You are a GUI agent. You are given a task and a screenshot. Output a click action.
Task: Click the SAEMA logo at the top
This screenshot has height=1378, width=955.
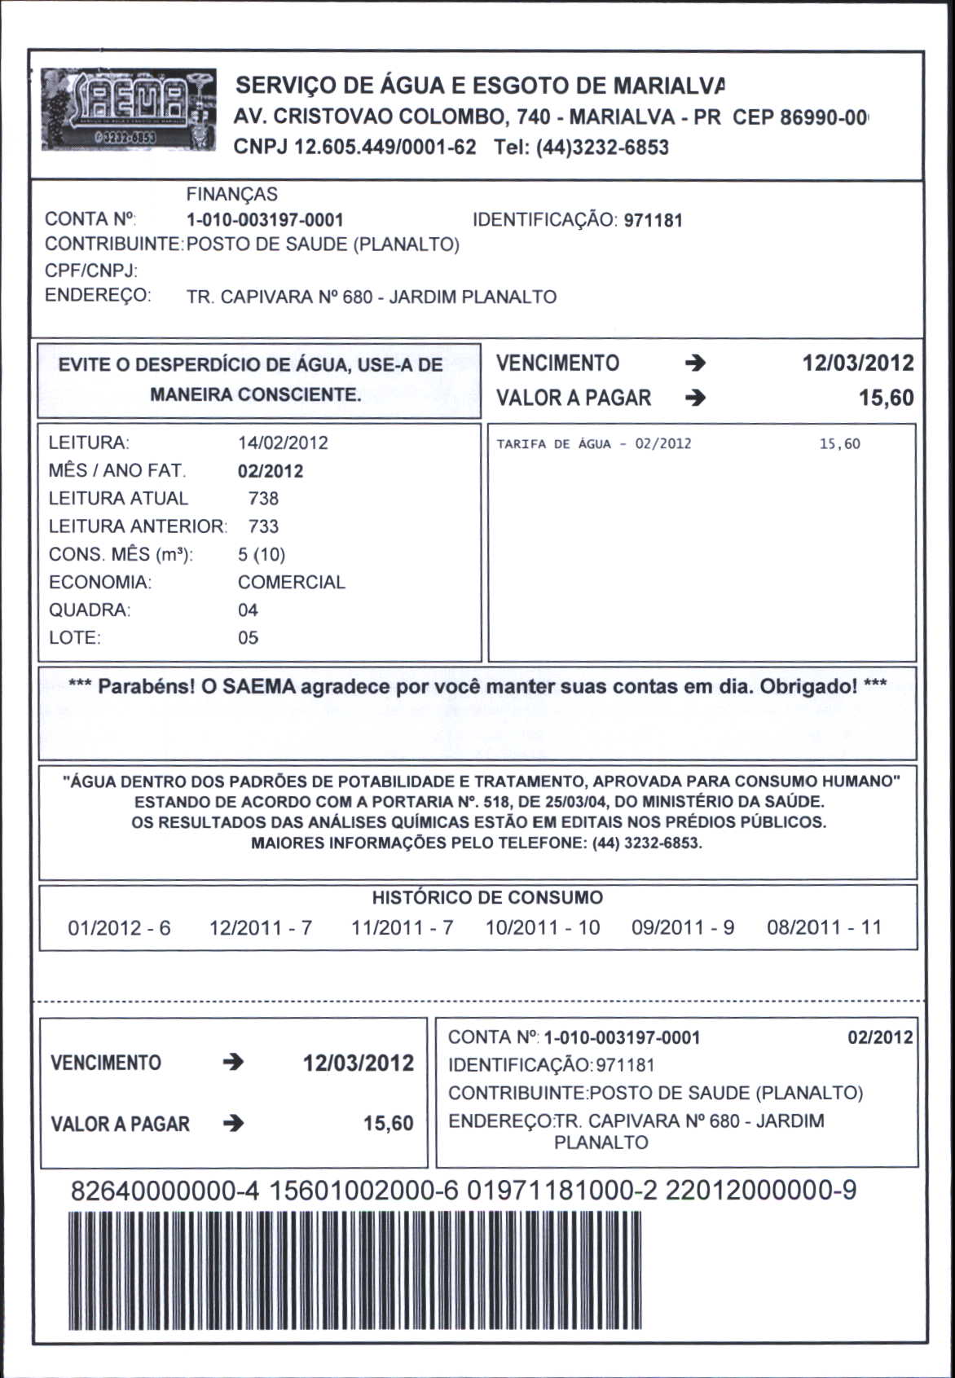click(129, 110)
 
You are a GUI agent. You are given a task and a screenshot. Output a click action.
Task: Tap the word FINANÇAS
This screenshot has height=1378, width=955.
click(231, 194)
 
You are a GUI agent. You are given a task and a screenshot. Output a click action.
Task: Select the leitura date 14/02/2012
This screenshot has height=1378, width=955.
click(283, 442)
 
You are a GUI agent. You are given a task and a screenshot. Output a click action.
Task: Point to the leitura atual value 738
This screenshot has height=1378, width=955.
click(263, 498)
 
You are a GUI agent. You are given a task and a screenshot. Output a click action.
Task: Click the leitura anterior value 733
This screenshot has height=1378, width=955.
click(263, 526)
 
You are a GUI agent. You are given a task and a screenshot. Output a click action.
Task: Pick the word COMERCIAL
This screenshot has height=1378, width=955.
click(291, 582)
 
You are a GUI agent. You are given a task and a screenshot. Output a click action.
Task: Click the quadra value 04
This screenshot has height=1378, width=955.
click(248, 610)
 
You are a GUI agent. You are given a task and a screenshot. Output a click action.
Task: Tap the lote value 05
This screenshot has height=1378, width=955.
click(248, 637)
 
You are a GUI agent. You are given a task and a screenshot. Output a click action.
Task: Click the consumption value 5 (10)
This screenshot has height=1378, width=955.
click(261, 554)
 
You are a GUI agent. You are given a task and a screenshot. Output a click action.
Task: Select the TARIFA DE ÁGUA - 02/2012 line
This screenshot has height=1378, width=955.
click(594, 444)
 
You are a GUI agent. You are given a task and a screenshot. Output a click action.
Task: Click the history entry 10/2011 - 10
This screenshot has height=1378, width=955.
click(542, 927)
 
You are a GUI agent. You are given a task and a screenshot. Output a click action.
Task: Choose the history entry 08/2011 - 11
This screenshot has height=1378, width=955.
click(824, 927)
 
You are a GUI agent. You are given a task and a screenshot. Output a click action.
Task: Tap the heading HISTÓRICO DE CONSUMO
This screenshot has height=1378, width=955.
click(487, 898)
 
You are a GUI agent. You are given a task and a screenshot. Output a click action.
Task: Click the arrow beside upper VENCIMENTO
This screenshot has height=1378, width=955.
click(695, 363)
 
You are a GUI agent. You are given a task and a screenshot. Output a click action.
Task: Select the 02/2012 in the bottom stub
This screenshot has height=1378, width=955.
click(880, 1037)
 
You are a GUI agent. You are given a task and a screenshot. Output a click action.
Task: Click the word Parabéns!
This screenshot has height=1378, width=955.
click(144, 686)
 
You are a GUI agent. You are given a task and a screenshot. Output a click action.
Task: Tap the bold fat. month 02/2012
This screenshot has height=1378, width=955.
click(271, 471)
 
